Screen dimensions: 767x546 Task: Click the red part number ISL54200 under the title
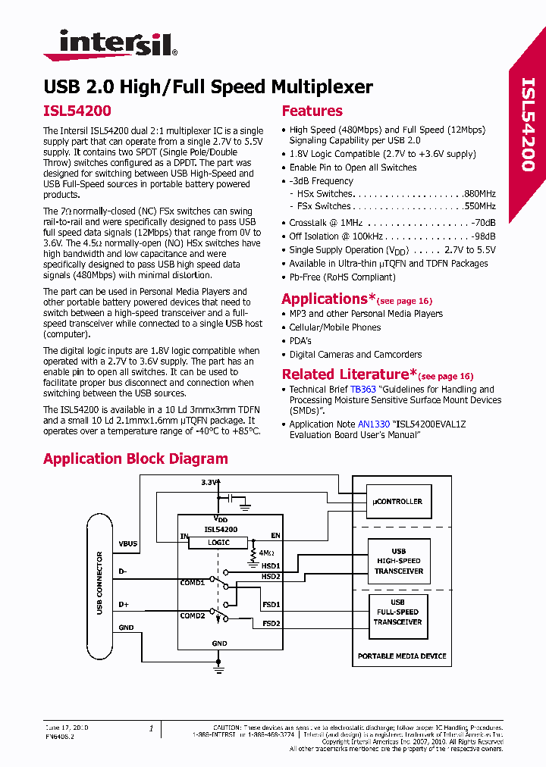coord(77,111)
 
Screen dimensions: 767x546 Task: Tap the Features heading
coord(312,111)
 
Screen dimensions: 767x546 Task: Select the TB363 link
coord(362,390)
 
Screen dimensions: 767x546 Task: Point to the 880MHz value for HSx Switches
coord(480,194)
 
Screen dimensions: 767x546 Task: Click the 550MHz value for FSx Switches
coord(480,206)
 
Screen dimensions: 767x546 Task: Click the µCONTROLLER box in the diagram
coord(398,501)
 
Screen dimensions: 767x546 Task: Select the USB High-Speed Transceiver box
coord(398,561)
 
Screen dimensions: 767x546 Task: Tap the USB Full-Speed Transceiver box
coord(398,612)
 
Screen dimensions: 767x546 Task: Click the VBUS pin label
coord(128,543)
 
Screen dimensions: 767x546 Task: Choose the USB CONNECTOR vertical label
coord(99,583)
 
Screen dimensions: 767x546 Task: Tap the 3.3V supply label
coord(209,482)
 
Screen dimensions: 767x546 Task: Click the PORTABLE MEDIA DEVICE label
coord(402,656)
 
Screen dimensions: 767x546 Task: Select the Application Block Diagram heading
coord(136,459)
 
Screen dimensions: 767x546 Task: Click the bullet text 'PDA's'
coord(300,341)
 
